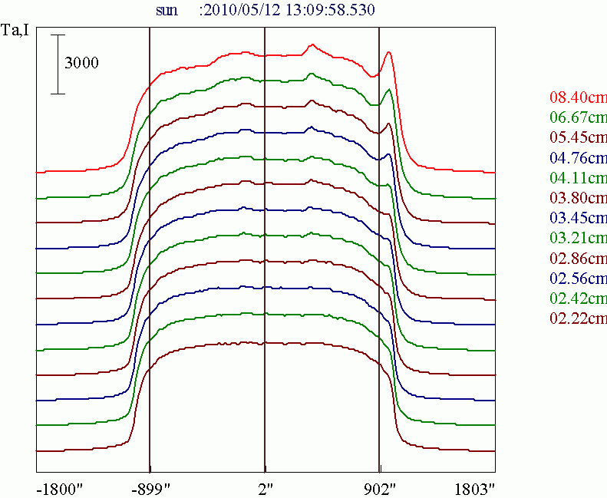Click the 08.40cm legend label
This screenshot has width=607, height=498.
tap(578, 98)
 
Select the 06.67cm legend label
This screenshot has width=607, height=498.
tap(578, 118)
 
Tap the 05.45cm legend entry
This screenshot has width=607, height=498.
tap(578, 138)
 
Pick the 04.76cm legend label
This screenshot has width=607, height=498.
tap(578, 158)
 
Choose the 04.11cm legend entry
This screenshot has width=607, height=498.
tap(578, 178)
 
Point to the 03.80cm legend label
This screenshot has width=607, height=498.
tap(578, 198)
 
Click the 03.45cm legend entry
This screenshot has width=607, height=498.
tap(578, 218)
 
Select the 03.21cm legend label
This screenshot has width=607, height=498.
tap(578, 238)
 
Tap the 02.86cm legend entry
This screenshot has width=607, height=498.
tap(578, 258)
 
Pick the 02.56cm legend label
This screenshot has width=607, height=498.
tap(578, 278)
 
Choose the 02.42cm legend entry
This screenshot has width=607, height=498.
tap(578, 298)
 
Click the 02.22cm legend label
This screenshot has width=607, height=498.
tap(578, 318)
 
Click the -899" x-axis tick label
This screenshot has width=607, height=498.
tap(151, 489)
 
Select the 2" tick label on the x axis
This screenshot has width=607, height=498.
tap(265, 489)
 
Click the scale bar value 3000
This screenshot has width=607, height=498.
tap(81, 64)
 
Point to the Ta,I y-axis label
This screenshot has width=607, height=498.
tap(15, 31)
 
